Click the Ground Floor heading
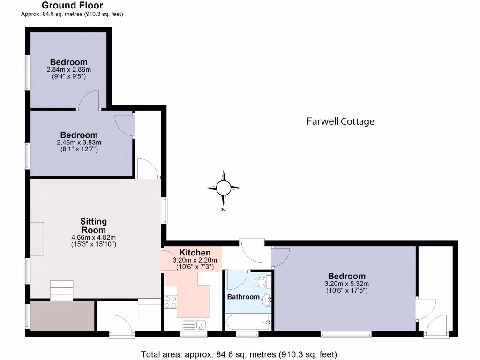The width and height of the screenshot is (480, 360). click(72, 6)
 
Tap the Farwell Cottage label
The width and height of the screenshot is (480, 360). click(340, 121)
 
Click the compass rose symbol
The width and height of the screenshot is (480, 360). click(224, 188)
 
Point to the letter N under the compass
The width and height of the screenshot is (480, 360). click(224, 210)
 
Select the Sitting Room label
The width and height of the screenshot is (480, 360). click(93, 225)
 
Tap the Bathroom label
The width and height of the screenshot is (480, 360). click(243, 297)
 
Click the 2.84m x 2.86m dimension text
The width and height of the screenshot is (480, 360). click(68, 69)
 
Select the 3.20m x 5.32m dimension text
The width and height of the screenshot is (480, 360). click(346, 284)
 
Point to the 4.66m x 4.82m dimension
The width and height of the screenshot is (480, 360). click(93, 237)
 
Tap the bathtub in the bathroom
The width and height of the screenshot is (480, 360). click(247, 322)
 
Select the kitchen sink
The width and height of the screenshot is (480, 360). click(194, 324)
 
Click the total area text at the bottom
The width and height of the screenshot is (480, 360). click(239, 354)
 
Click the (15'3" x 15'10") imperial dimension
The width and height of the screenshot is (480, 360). click(93, 244)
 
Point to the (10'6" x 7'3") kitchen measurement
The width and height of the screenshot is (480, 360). click(195, 267)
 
